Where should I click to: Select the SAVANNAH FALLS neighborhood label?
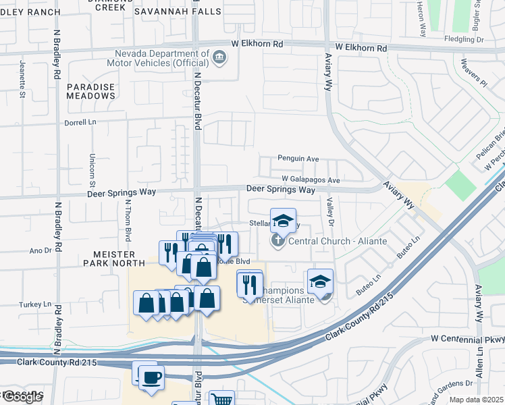[178, 11]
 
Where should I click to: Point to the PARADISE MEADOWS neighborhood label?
[90, 91]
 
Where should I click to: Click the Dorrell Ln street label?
[81, 123]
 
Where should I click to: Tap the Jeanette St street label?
[22, 84]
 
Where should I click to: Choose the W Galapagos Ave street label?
[311, 180]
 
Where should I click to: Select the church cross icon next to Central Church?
[277, 241]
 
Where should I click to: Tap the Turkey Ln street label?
[38, 304]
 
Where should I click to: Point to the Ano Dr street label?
[41, 250]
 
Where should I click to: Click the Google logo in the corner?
[22, 397]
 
